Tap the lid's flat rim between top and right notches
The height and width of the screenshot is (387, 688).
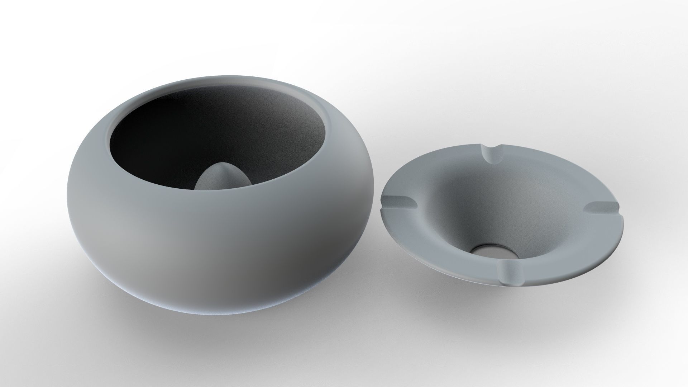point(559,172)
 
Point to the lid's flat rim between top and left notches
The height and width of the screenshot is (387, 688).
point(430,172)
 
